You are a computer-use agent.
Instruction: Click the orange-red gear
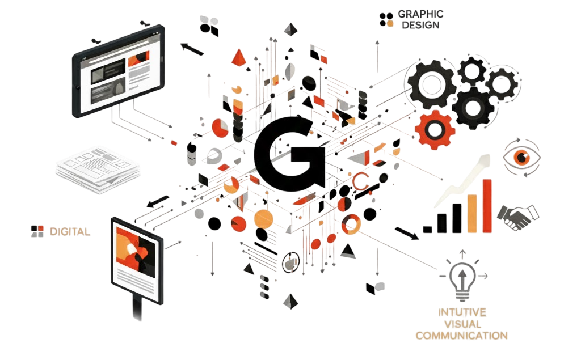point(435,130)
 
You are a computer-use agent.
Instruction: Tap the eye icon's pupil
point(521,156)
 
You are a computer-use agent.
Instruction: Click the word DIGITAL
point(69,231)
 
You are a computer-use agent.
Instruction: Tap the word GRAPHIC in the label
point(420,14)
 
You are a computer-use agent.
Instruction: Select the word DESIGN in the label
point(420,26)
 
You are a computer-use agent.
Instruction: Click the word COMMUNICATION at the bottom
point(461,336)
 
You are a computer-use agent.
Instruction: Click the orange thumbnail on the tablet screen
point(138,59)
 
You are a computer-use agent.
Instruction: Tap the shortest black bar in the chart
point(427,229)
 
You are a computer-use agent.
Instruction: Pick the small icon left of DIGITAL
point(37,231)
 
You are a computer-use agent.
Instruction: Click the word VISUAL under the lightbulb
point(461,324)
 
